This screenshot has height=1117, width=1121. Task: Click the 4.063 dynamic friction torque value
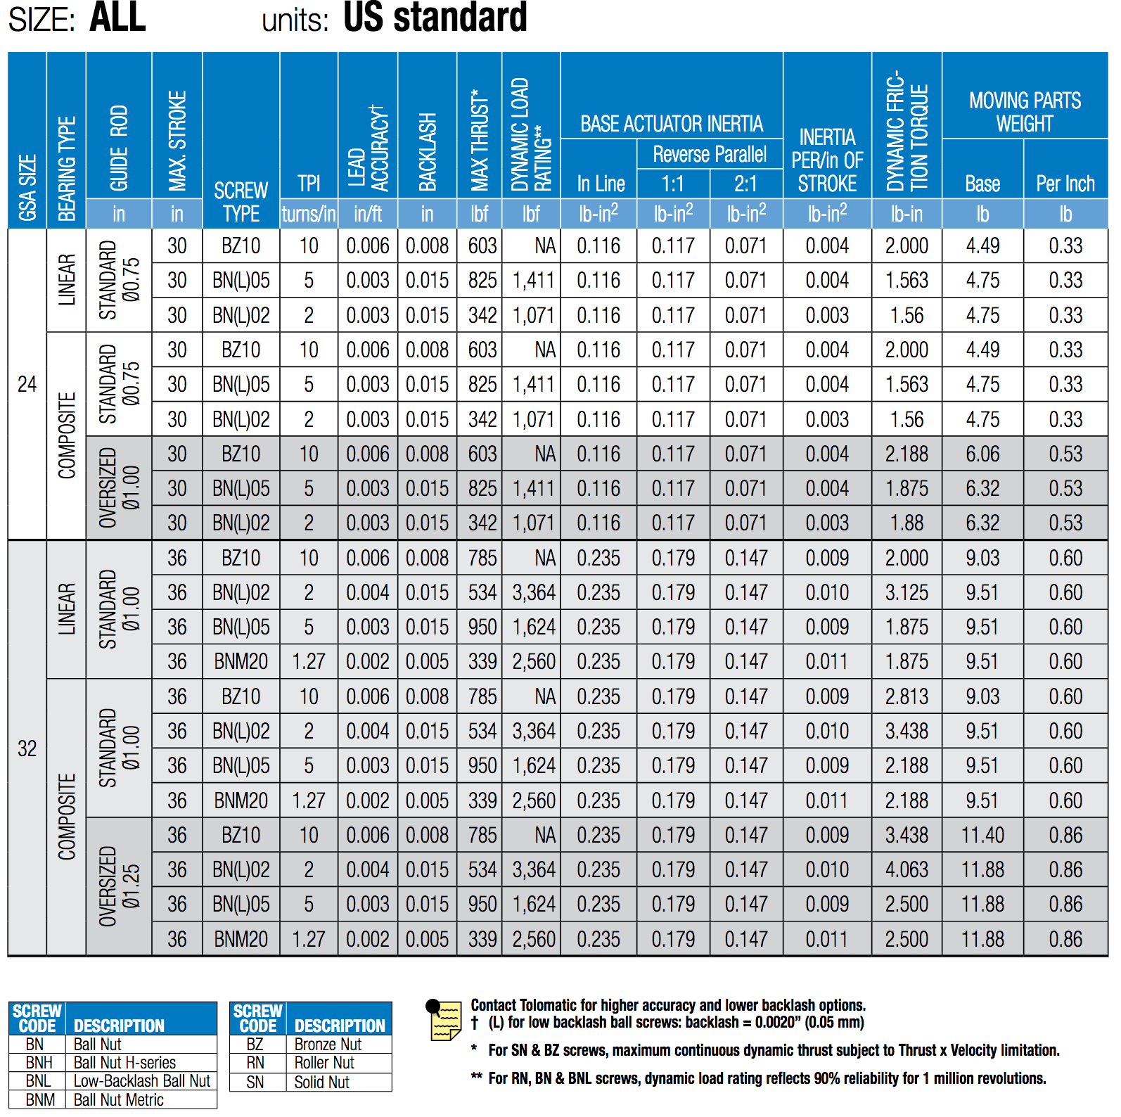tap(907, 869)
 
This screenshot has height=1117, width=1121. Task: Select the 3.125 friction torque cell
tap(907, 592)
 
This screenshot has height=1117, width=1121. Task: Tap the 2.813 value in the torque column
tap(907, 696)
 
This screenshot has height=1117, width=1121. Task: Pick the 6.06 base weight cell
tap(982, 454)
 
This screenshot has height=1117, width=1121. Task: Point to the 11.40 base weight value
tap(982, 835)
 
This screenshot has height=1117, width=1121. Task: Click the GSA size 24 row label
tap(27, 384)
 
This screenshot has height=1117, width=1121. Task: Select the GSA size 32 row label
tap(27, 748)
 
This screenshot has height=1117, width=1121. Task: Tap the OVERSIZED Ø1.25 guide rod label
tap(119, 886)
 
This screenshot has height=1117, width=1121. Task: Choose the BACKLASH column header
tap(428, 151)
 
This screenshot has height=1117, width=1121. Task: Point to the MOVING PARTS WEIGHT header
tap(1025, 112)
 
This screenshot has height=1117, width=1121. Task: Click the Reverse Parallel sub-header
tap(710, 154)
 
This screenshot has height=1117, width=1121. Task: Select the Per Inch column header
tap(1065, 184)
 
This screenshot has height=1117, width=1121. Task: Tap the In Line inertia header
tap(601, 184)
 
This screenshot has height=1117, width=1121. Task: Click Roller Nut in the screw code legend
tap(324, 1063)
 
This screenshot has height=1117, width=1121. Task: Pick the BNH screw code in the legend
tap(39, 1063)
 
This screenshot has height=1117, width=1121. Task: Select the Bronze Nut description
tap(328, 1045)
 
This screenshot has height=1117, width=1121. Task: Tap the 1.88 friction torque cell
tap(907, 523)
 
